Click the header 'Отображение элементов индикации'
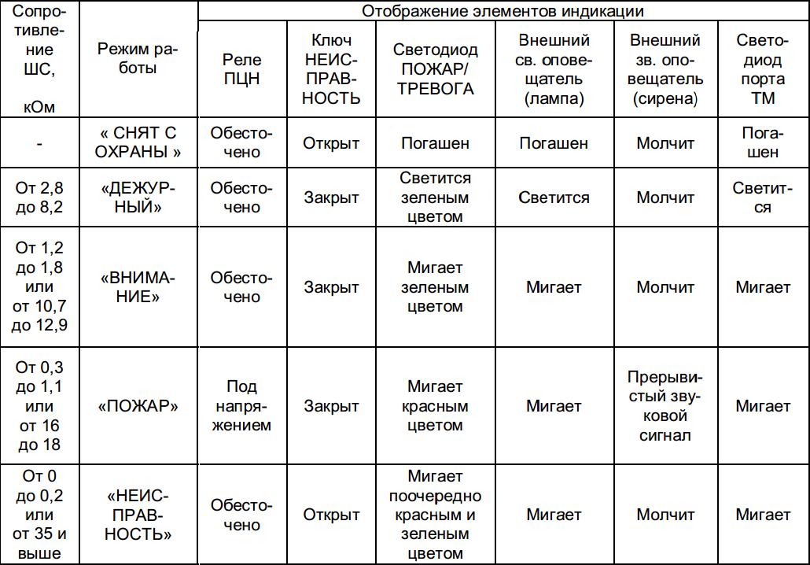(x=503, y=11)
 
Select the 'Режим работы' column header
(x=138, y=59)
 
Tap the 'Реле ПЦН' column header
(x=241, y=68)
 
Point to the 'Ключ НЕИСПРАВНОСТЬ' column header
(x=332, y=68)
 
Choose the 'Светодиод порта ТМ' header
(x=762, y=68)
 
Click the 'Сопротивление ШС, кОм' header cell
(x=39, y=59)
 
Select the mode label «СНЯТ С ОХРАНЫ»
(x=138, y=142)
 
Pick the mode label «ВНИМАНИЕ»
(x=138, y=287)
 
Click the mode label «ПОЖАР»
(x=138, y=406)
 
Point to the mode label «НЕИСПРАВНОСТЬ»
(x=138, y=515)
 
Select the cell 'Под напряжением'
(x=241, y=406)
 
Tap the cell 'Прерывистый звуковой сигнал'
(x=665, y=406)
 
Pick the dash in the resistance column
(x=39, y=143)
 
